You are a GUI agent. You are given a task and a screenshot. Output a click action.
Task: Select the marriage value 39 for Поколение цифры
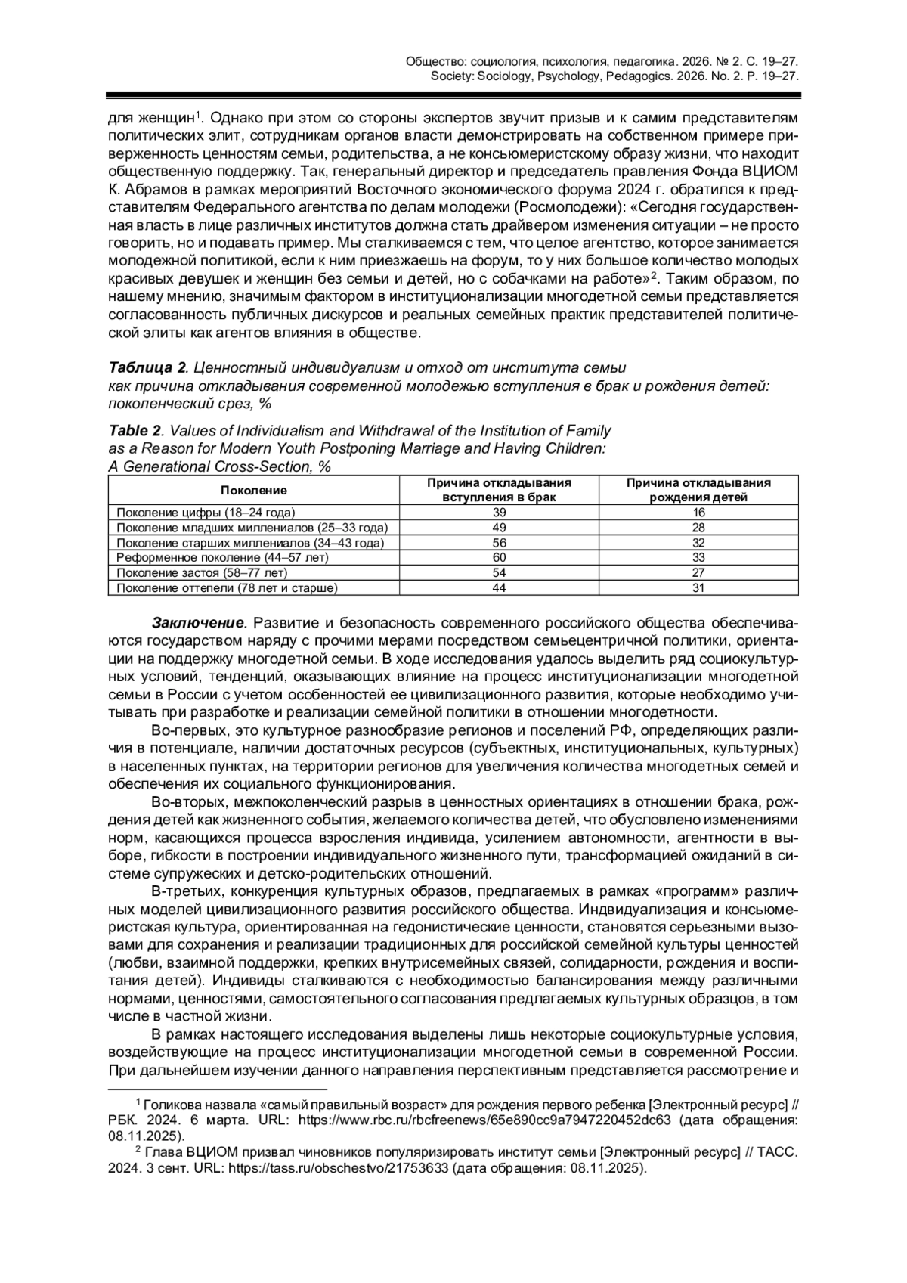[499, 513]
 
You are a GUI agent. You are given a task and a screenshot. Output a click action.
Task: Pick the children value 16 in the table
[698, 513]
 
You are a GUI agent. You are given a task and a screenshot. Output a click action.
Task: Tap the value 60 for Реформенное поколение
[499, 558]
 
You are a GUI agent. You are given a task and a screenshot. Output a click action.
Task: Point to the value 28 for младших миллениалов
[698, 528]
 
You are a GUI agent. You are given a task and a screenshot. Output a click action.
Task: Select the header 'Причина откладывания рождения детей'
[698, 490]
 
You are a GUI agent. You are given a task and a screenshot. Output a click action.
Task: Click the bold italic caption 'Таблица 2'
[147, 368]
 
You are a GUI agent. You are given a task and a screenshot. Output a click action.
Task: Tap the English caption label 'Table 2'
[135, 431]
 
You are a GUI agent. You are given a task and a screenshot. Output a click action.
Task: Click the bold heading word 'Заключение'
[199, 624]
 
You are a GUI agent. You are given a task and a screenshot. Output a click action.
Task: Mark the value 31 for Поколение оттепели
[698, 588]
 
